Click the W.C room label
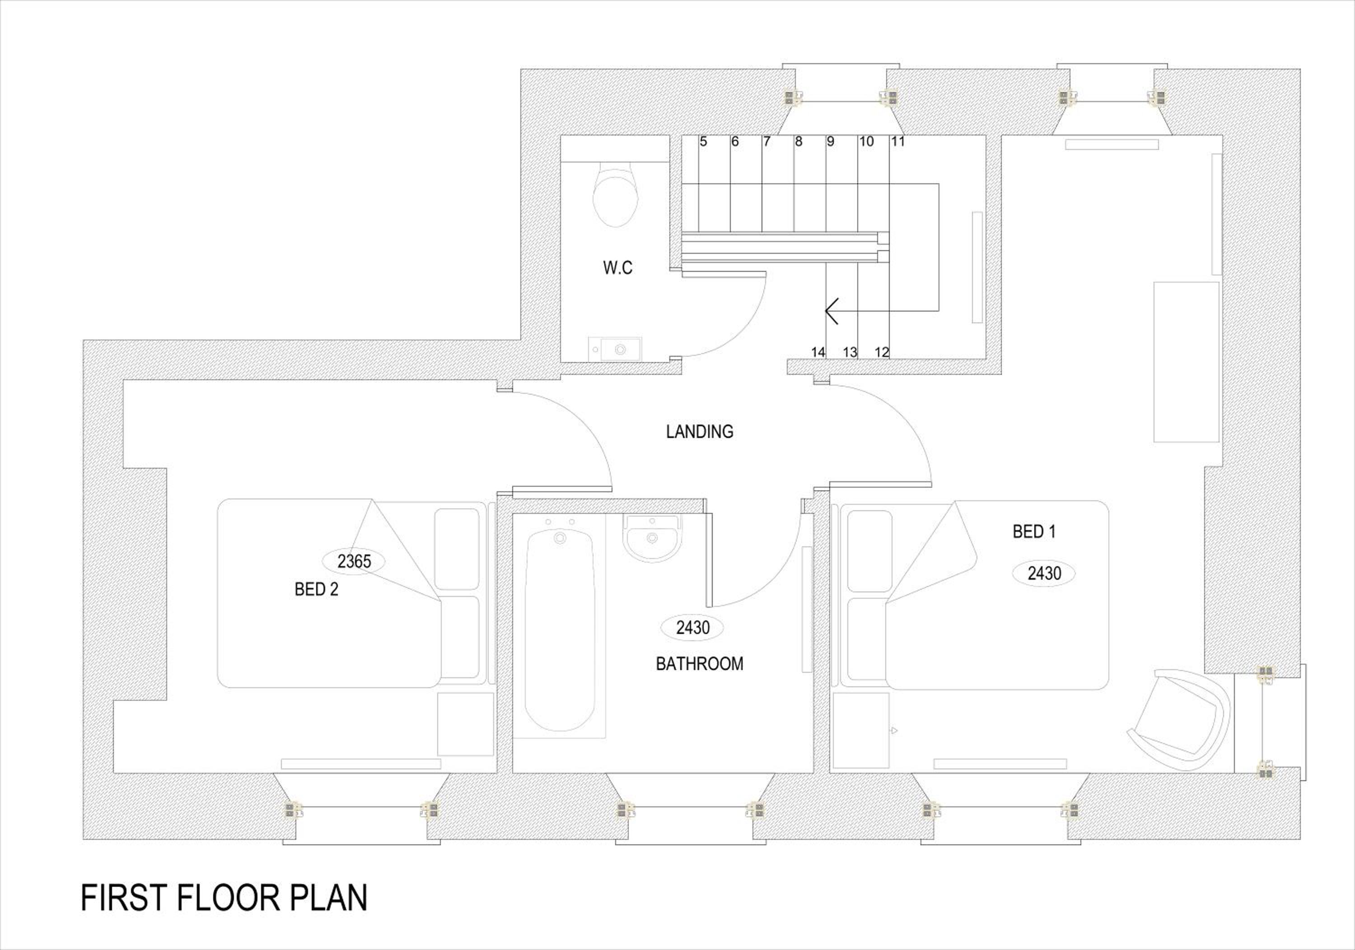coord(618,267)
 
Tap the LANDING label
coord(699,432)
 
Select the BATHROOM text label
coord(699,664)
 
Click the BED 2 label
coord(316,590)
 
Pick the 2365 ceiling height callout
coord(354,561)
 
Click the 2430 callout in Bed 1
coord(1044,573)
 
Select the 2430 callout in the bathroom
coord(693,627)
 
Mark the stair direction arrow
coord(832,312)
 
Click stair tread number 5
coord(703,142)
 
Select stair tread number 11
coord(897,142)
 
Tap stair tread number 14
coord(818,352)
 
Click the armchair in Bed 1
coord(1180,719)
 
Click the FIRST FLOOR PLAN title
coord(224,898)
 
